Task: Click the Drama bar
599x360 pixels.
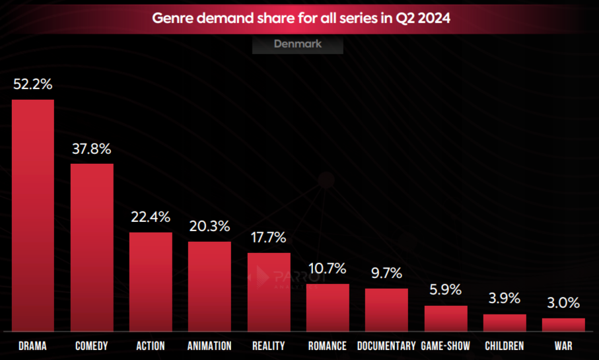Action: click(x=32, y=215)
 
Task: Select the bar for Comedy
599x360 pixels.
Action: click(x=92, y=247)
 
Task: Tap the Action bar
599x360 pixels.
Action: click(x=151, y=281)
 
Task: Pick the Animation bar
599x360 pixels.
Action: click(x=209, y=286)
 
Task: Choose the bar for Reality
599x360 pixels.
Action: click(x=269, y=291)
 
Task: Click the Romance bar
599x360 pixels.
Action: click(x=328, y=307)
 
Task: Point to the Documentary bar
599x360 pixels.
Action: click(x=386, y=310)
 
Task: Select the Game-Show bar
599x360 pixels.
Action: click(x=446, y=318)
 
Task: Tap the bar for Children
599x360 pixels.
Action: click(x=505, y=322)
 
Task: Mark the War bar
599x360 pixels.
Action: click(x=563, y=324)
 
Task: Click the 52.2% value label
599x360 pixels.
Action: click(x=32, y=85)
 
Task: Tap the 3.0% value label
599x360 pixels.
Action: click(x=563, y=303)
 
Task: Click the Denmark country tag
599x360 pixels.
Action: click(x=298, y=44)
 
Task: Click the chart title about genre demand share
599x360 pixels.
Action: click(x=301, y=18)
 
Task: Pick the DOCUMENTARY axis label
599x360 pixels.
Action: click(x=386, y=346)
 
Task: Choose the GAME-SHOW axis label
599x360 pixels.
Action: click(x=446, y=346)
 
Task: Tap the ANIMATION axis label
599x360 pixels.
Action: click(x=209, y=346)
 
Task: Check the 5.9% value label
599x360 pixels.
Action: click(x=446, y=290)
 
